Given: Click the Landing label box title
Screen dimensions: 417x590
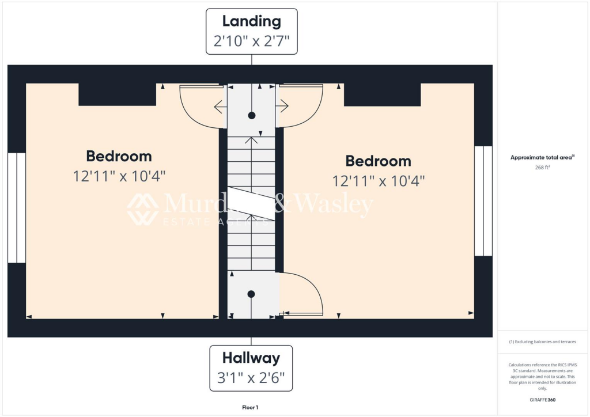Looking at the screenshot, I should point(252,21).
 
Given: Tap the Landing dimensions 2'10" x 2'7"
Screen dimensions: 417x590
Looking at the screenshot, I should point(252,41).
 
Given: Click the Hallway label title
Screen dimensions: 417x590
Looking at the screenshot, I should point(251,358).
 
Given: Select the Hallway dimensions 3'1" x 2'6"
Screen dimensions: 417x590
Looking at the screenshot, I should point(251,379).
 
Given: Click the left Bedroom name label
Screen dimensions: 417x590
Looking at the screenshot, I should point(119,156).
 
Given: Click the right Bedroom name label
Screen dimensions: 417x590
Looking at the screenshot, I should point(378,161).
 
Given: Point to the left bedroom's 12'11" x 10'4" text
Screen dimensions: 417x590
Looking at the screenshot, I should point(119,176).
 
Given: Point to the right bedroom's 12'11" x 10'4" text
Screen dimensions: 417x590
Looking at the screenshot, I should point(379,181).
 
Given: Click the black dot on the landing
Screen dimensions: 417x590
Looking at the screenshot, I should point(252,115).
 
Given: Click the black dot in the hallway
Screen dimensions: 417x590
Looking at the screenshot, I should point(251,294).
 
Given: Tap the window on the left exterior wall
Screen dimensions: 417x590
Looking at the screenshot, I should point(17,208).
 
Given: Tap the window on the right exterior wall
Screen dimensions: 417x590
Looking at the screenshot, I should point(483,201).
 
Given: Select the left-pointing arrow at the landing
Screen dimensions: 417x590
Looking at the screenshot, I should point(220,107).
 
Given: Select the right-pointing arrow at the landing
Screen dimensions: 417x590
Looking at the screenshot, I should point(283,106).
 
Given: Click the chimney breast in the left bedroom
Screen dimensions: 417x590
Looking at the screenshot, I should point(117,94).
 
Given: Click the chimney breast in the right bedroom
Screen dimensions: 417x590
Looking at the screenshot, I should point(382,94).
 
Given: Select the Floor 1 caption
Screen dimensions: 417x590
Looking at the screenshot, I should point(251,407).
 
